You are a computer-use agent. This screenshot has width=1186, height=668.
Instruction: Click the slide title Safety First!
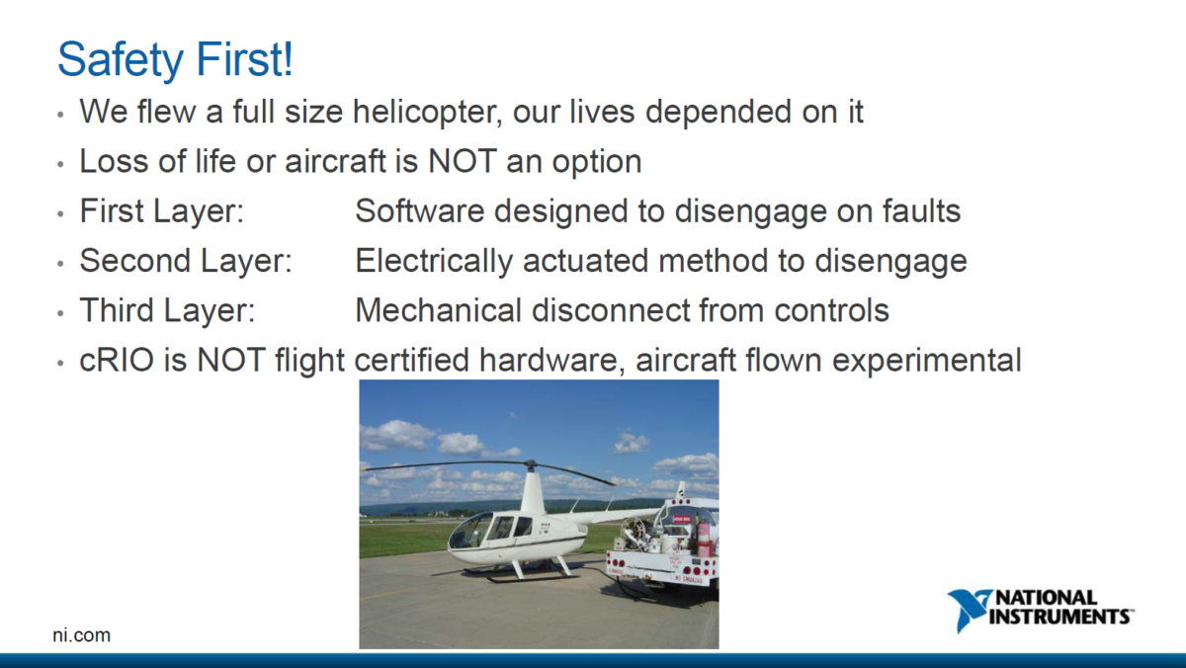(x=175, y=59)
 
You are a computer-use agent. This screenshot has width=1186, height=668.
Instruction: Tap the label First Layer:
(x=162, y=210)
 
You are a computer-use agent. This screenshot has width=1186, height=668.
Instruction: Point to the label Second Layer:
(x=186, y=261)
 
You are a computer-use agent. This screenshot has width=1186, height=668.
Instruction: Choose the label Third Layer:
(x=167, y=310)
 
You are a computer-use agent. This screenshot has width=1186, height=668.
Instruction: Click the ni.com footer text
(x=81, y=635)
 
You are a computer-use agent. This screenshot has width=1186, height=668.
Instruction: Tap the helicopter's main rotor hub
(x=530, y=463)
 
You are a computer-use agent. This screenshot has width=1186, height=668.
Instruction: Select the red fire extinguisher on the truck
(x=705, y=538)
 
